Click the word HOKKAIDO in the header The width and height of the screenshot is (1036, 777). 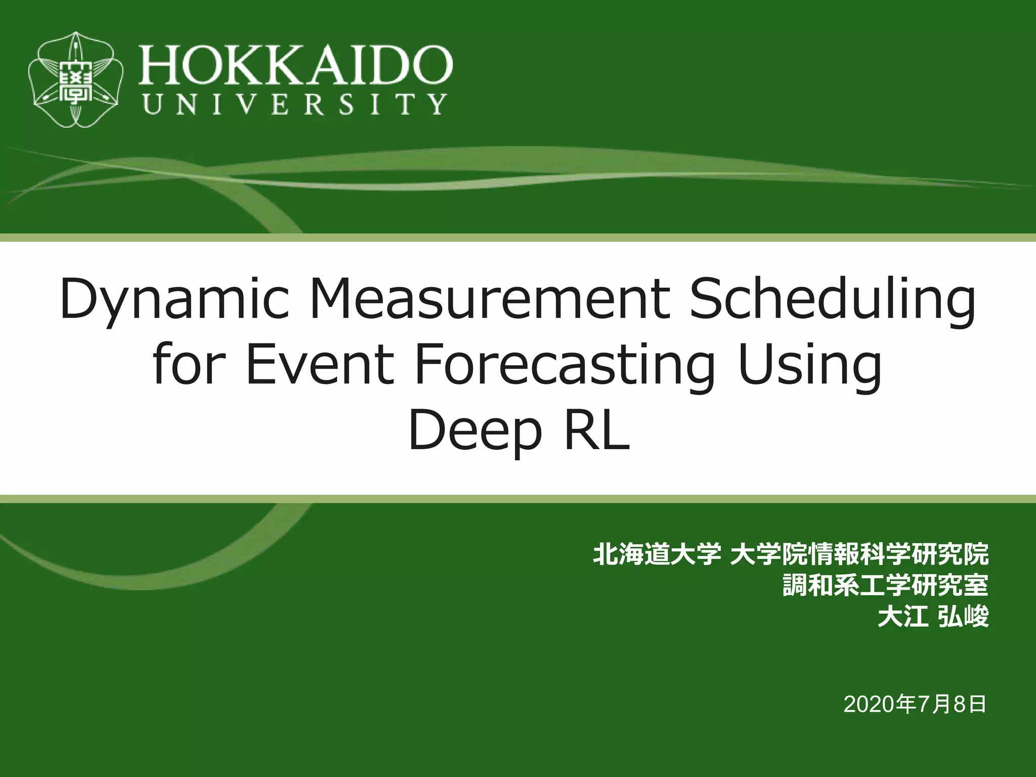pyautogui.click(x=295, y=64)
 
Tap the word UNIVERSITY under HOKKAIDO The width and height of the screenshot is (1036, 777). pyautogui.click(x=295, y=104)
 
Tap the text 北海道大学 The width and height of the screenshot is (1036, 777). pyautogui.click(x=657, y=554)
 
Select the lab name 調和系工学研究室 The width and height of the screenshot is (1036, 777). pyautogui.click(x=885, y=585)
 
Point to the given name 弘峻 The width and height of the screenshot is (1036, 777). pyautogui.click(x=963, y=617)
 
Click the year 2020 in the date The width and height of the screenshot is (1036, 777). pyautogui.click(x=869, y=704)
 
